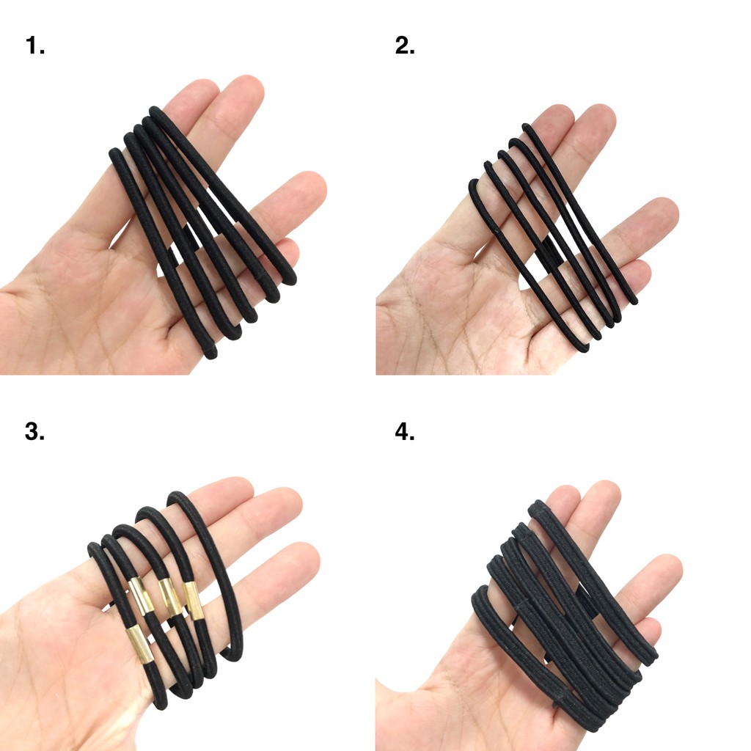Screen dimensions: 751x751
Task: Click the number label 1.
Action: click(34, 46)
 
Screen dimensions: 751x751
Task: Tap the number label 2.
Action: click(405, 46)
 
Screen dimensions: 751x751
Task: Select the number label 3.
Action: click(34, 432)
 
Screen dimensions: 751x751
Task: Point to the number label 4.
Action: click(405, 432)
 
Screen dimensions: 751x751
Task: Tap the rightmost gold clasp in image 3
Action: click(193, 599)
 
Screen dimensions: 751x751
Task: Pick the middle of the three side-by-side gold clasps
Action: click(169, 597)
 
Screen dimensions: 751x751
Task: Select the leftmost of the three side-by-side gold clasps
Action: click(142, 595)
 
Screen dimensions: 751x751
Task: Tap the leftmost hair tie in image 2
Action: click(513, 264)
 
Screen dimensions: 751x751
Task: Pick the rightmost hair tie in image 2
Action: click(587, 220)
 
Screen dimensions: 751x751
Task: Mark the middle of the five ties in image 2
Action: click(550, 242)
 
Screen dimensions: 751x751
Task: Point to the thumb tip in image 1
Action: click(308, 183)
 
